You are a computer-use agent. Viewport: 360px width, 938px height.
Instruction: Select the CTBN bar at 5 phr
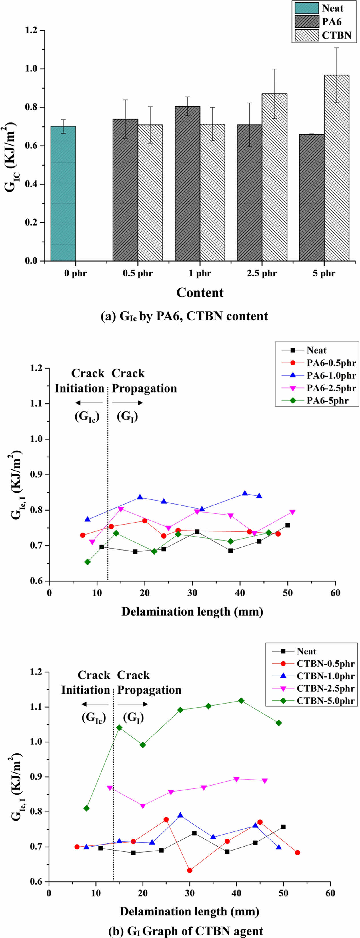(x=336, y=168)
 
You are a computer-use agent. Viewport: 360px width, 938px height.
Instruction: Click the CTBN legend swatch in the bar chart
(x=306, y=35)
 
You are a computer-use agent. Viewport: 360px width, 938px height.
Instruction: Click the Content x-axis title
(x=200, y=292)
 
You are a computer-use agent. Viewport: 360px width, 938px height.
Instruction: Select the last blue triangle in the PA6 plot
(x=259, y=496)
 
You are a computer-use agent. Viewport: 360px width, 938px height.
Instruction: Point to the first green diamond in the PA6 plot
(x=87, y=562)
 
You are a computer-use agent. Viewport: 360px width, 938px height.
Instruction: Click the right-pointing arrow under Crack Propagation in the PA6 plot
(x=127, y=403)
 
